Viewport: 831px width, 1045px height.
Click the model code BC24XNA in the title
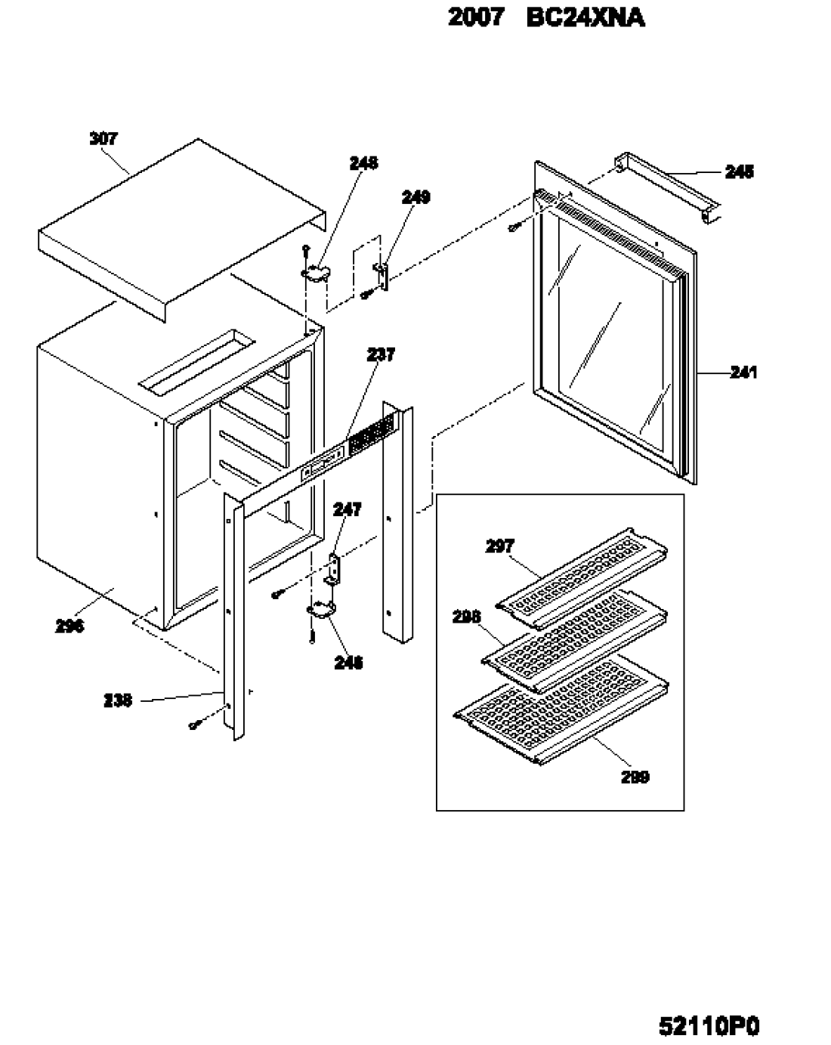click(585, 17)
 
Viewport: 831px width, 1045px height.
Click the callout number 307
click(103, 138)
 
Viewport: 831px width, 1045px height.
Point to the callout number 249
click(415, 197)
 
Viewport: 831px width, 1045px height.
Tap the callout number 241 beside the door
click(743, 372)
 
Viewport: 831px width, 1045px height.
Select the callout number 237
click(381, 354)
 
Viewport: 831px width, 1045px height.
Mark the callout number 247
click(347, 510)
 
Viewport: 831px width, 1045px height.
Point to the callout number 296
click(70, 626)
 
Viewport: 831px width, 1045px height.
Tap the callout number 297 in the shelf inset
click(499, 546)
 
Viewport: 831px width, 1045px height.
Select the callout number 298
click(467, 617)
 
